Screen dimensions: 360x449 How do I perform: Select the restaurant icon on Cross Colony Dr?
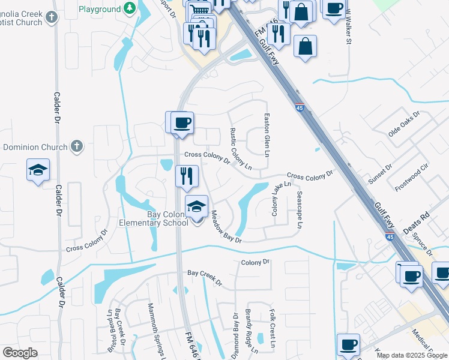187,176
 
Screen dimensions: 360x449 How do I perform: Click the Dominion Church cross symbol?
76,146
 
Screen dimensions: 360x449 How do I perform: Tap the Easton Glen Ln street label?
267,133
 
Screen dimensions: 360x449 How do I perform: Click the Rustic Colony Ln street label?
240,149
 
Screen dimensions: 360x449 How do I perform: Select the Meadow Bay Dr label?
225,227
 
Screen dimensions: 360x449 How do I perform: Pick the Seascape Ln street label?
299,210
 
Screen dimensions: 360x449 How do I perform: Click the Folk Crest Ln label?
272,329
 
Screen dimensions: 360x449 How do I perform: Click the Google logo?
20,353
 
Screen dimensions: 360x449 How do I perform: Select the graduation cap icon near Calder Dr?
38,170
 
